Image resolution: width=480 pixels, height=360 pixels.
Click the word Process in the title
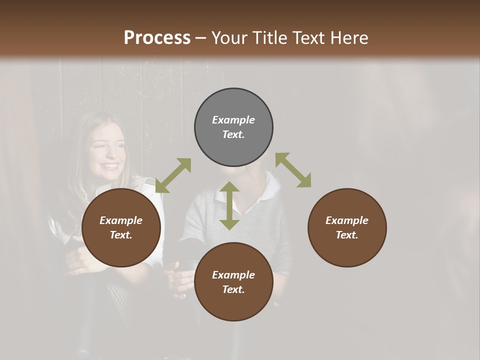point(157,38)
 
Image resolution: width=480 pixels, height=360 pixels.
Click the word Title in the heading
point(266,38)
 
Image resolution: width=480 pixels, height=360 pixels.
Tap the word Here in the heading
point(347,38)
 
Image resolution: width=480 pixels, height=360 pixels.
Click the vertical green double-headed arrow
point(229,205)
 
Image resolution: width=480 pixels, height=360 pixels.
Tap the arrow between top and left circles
point(173,175)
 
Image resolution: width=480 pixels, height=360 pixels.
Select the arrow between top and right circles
point(293,170)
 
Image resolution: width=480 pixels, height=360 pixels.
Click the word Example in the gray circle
point(233,120)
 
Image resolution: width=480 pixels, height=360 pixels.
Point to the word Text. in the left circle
point(121,235)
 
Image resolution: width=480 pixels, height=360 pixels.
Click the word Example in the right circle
point(347,220)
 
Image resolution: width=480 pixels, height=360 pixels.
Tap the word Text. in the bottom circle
point(233,289)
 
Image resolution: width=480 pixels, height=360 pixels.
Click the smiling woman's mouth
point(109,166)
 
